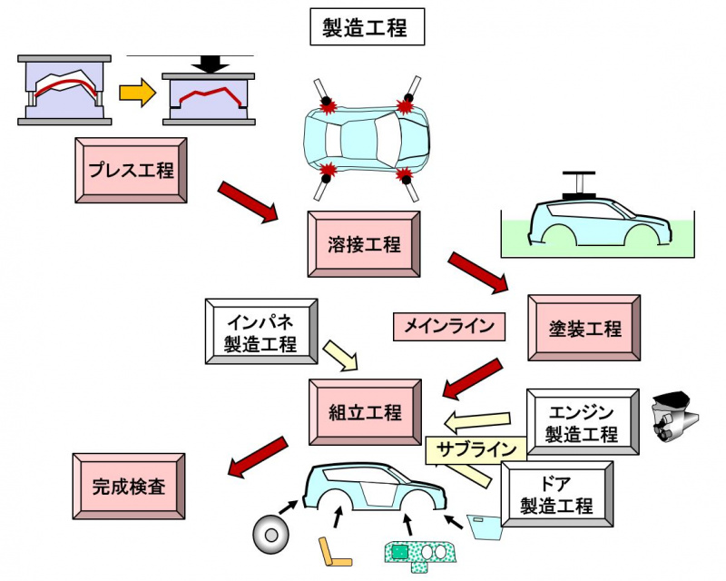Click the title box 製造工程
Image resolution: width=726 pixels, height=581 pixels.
coord(367,27)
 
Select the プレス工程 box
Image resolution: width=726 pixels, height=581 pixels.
coord(131,170)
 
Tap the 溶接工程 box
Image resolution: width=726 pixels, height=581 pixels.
coord(364,244)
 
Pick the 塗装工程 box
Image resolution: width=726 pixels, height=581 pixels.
coord(584,328)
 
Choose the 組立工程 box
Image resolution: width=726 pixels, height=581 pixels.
coord(364,413)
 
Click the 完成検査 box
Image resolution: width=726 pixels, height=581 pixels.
coord(128,487)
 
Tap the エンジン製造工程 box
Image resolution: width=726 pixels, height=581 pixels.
coord(582,422)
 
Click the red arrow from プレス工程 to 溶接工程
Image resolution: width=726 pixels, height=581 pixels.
coord(248,202)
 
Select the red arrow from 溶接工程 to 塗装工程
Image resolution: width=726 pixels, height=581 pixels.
coord(478,272)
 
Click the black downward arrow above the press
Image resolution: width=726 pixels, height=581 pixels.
coord(212,64)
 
